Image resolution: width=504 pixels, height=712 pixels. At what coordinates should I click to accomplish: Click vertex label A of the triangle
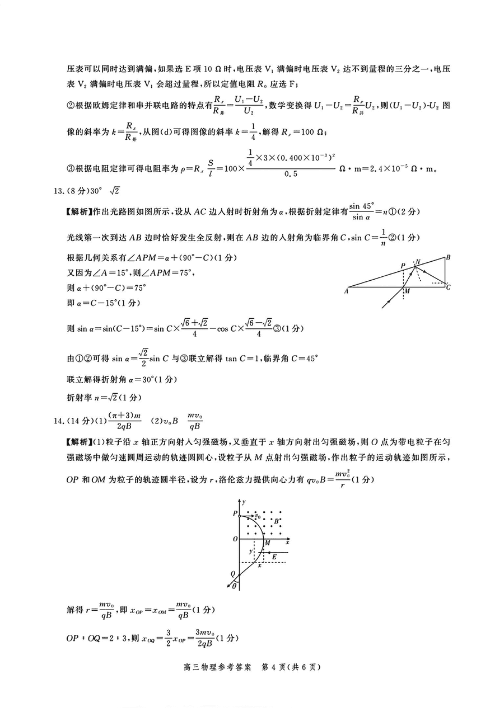coord(348,290)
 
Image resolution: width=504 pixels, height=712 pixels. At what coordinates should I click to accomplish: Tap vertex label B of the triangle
coord(448,258)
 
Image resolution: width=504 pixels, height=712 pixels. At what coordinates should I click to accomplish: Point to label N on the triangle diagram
coord(417,261)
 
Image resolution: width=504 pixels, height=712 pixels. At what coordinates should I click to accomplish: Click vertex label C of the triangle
coord(449,287)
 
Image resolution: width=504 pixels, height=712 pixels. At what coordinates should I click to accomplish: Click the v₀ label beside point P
coord(258,515)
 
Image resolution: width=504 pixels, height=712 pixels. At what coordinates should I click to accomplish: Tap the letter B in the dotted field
coord(276,521)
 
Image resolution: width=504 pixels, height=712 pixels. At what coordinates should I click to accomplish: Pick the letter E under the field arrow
coord(274,557)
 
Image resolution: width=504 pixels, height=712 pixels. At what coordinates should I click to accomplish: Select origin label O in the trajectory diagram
coord(235,539)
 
